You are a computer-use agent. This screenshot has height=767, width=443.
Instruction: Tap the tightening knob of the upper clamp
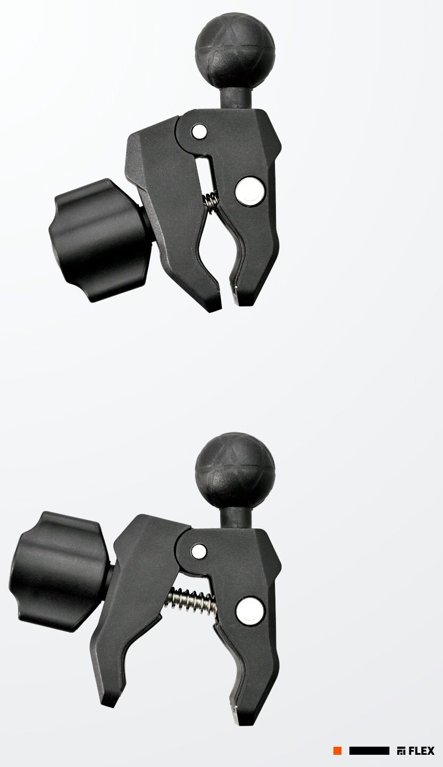click(x=99, y=241)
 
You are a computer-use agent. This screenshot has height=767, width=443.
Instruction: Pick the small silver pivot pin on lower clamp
click(x=199, y=552)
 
